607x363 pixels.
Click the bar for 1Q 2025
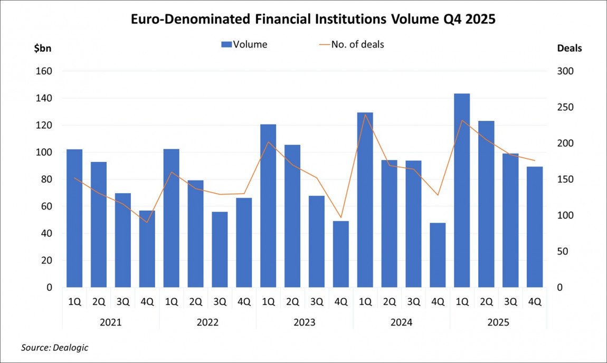coord(462,190)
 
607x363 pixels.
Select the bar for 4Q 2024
coord(438,255)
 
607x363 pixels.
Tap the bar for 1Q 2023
coord(268,206)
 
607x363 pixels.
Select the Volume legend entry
coord(244,44)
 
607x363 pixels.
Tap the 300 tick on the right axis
coord(565,71)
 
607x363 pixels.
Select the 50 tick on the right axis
coord(563,252)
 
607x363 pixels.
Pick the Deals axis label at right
coord(570,48)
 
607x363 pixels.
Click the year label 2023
coord(305,322)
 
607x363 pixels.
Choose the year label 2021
coord(111,322)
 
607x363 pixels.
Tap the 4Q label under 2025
coord(534,302)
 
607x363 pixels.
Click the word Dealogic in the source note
coord(72,347)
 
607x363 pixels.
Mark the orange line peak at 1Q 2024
coord(365,129)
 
